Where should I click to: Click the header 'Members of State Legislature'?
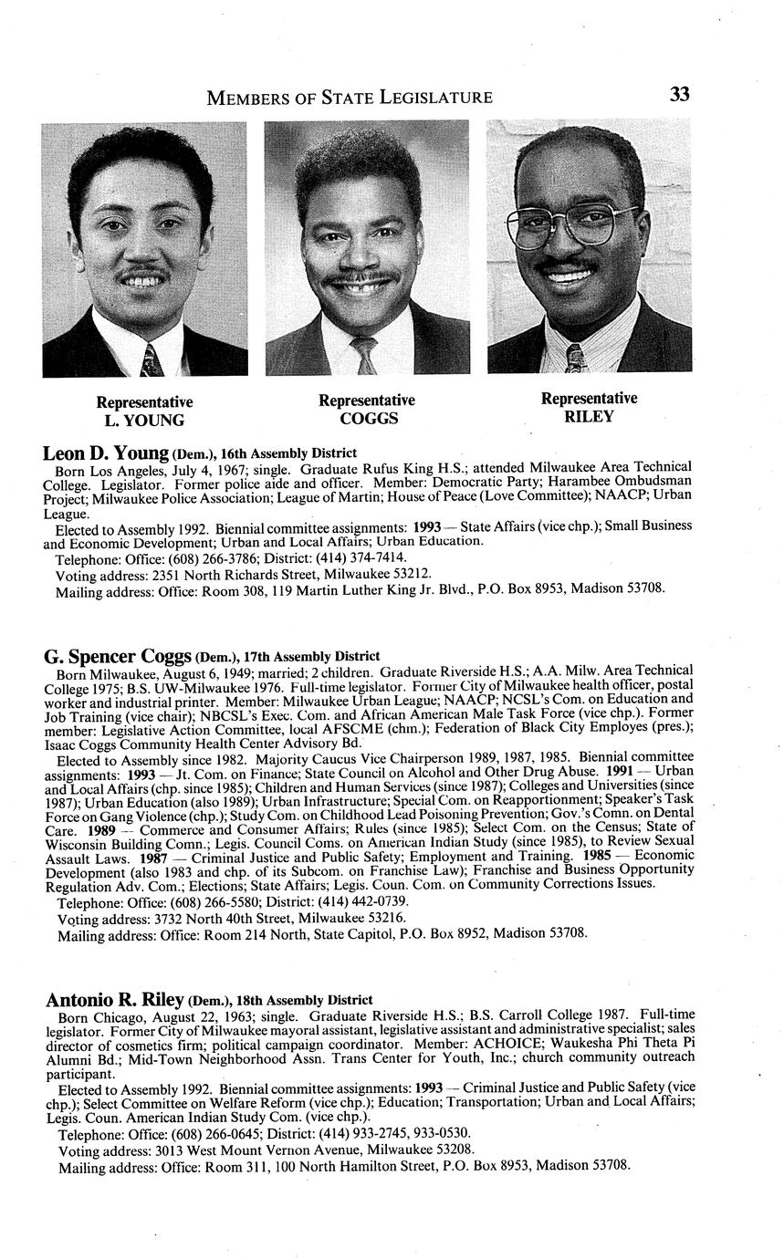(x=350, y=97)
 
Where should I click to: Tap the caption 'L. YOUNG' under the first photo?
(x=144, y=421)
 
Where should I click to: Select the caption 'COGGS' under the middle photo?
(x=366, y=419)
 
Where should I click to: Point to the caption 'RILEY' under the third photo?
(x=589, y=417)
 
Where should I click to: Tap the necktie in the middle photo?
(x=365, y=354)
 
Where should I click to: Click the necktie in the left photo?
(x=151, y=359)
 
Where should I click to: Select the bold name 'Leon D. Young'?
(x=106, y=453)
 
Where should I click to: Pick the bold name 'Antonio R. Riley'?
(x=115, y=1000)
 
